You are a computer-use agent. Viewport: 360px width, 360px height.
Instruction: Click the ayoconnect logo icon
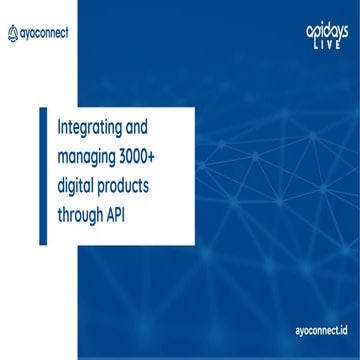pos(13,32)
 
